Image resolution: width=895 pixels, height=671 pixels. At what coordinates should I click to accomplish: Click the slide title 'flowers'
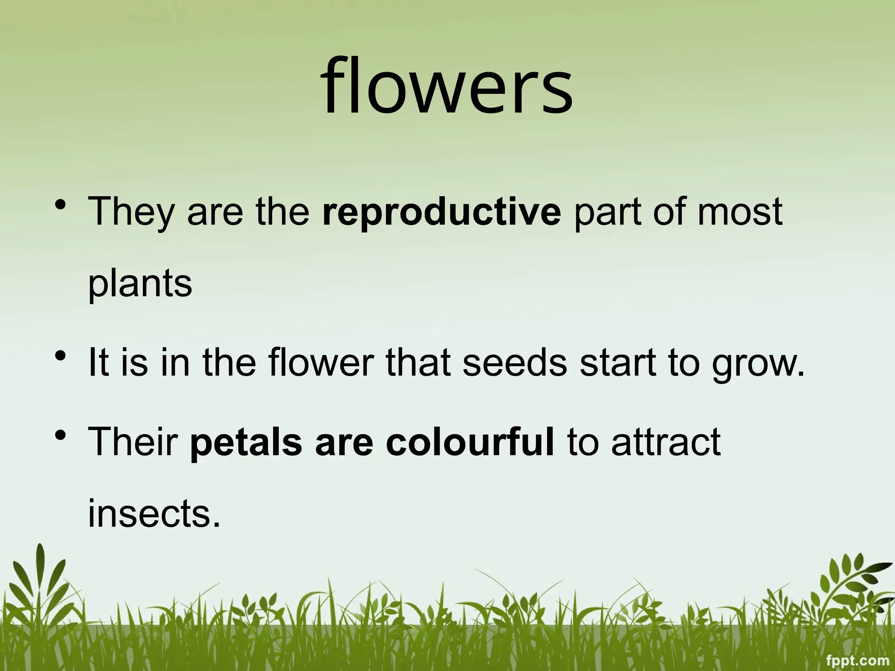pos(447,87)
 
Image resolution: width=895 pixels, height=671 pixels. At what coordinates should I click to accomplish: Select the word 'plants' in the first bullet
pos(140,284)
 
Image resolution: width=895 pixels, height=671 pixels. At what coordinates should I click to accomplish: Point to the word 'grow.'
pos(758,365)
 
